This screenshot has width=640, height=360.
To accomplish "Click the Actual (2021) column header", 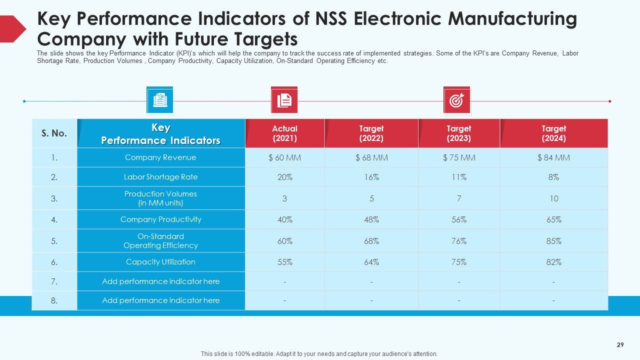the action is [x=284, y=133].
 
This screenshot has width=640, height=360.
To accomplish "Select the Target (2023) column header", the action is [x=459, y=133].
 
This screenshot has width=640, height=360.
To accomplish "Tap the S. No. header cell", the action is [x=54, y=133].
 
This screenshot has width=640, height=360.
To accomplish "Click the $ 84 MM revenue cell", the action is [x=553, y=157].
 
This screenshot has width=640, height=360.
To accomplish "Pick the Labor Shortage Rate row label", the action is [x=160, y=177].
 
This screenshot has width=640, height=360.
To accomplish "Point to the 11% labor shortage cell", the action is [x=459, y=177].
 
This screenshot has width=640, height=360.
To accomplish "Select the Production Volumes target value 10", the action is [x=553, y=198].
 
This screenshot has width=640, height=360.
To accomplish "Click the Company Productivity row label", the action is [x=160, y=219].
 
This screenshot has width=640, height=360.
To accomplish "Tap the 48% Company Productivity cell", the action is [x=371, y=219].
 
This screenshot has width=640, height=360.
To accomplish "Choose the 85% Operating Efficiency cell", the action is [x=553, y=241].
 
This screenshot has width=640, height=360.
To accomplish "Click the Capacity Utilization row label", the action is [x=160, y=262].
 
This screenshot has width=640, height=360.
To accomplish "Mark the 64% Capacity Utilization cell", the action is [x=371, y=262].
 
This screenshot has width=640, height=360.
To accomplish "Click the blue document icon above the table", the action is [x=160, y=100].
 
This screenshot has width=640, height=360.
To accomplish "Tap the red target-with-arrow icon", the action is [x=457, y=100].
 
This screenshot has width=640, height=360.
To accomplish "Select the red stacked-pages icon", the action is [x=284, y=100].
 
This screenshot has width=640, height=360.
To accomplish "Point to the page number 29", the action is [x=620, y=345].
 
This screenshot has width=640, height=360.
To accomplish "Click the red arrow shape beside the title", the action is [x=11, y=29].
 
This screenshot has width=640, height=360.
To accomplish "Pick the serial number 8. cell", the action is [x=54, y=300].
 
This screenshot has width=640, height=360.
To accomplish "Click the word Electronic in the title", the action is [x=397, y=19].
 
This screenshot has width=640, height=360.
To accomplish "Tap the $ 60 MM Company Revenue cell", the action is [x=284, y=157].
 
